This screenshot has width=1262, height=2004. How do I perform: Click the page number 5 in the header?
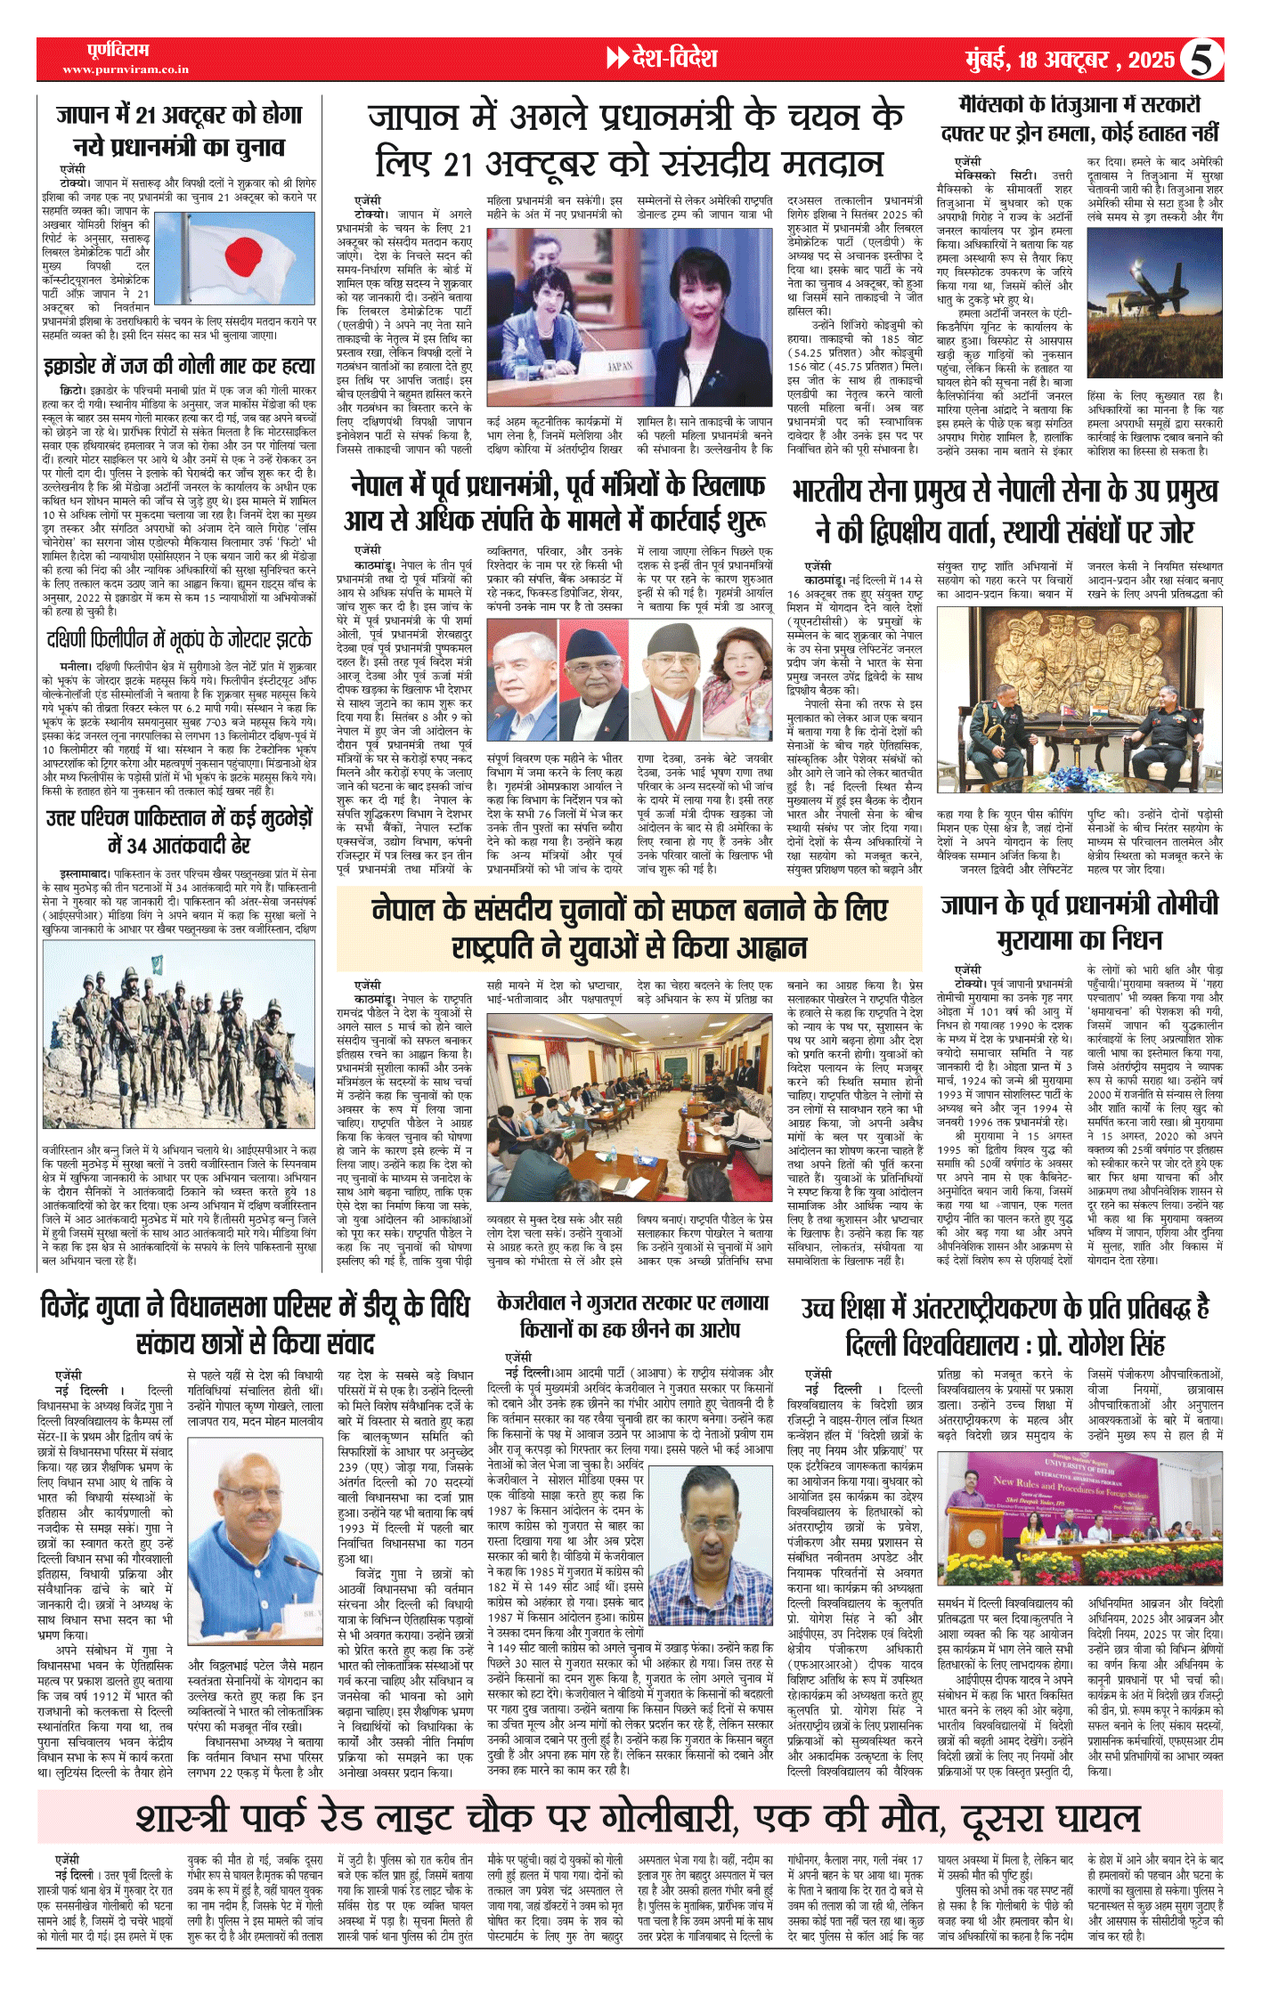pyautogui.click(x=1201, y=60)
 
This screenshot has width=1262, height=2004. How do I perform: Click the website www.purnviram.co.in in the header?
pyautogui.click(x=126, y=69)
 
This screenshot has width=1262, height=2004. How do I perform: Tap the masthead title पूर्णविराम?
pyautogui.click(x=118, y=50)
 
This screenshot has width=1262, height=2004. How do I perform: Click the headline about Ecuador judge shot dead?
pyautogui.click(x=179, y=367)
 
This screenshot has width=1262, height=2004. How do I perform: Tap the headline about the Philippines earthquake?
pyautogui.click(x=179, y=639)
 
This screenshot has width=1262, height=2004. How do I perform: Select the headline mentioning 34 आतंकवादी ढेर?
pyautogui.click(x=179, y=831)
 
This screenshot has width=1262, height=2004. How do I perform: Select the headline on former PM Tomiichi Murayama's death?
pyautogui.click(x=1079, y=921)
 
